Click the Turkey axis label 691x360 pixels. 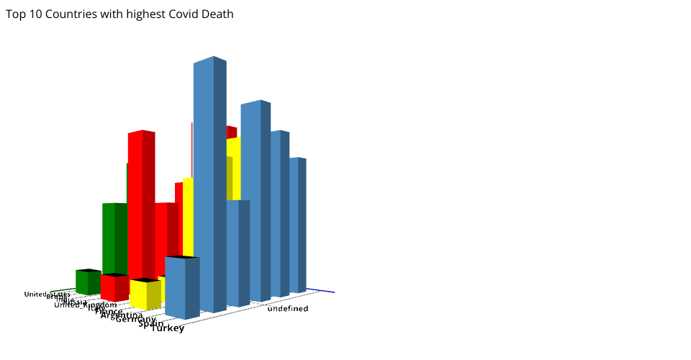(x=168, y=328)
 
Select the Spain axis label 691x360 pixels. (x=150, y=323)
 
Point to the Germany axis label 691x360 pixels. (x=135, y=319)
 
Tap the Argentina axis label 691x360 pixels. (x=121, y=315)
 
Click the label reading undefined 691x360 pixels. (x=288, y=309)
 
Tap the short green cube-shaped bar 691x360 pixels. (x=88, y=282)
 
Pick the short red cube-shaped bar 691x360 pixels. (x=114, y=287)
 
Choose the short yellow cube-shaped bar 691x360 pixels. (x=145, y=294)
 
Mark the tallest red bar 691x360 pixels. (x=141, y=202)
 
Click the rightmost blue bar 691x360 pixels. (x=297, y=223)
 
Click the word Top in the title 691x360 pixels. (x=15, y=14)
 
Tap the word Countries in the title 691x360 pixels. (x=71, y=14)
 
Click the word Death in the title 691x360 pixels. (x=217, y=14)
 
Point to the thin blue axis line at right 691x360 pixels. (x=322, y=291)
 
